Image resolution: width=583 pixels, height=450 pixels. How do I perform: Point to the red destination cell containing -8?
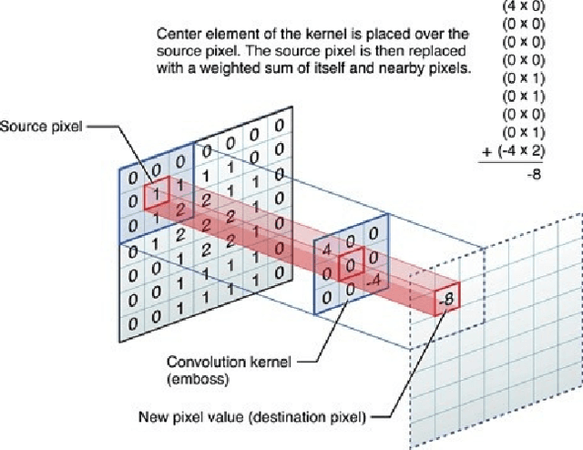click(447, 299)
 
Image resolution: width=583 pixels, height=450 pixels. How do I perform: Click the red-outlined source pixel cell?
click(157, 193)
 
